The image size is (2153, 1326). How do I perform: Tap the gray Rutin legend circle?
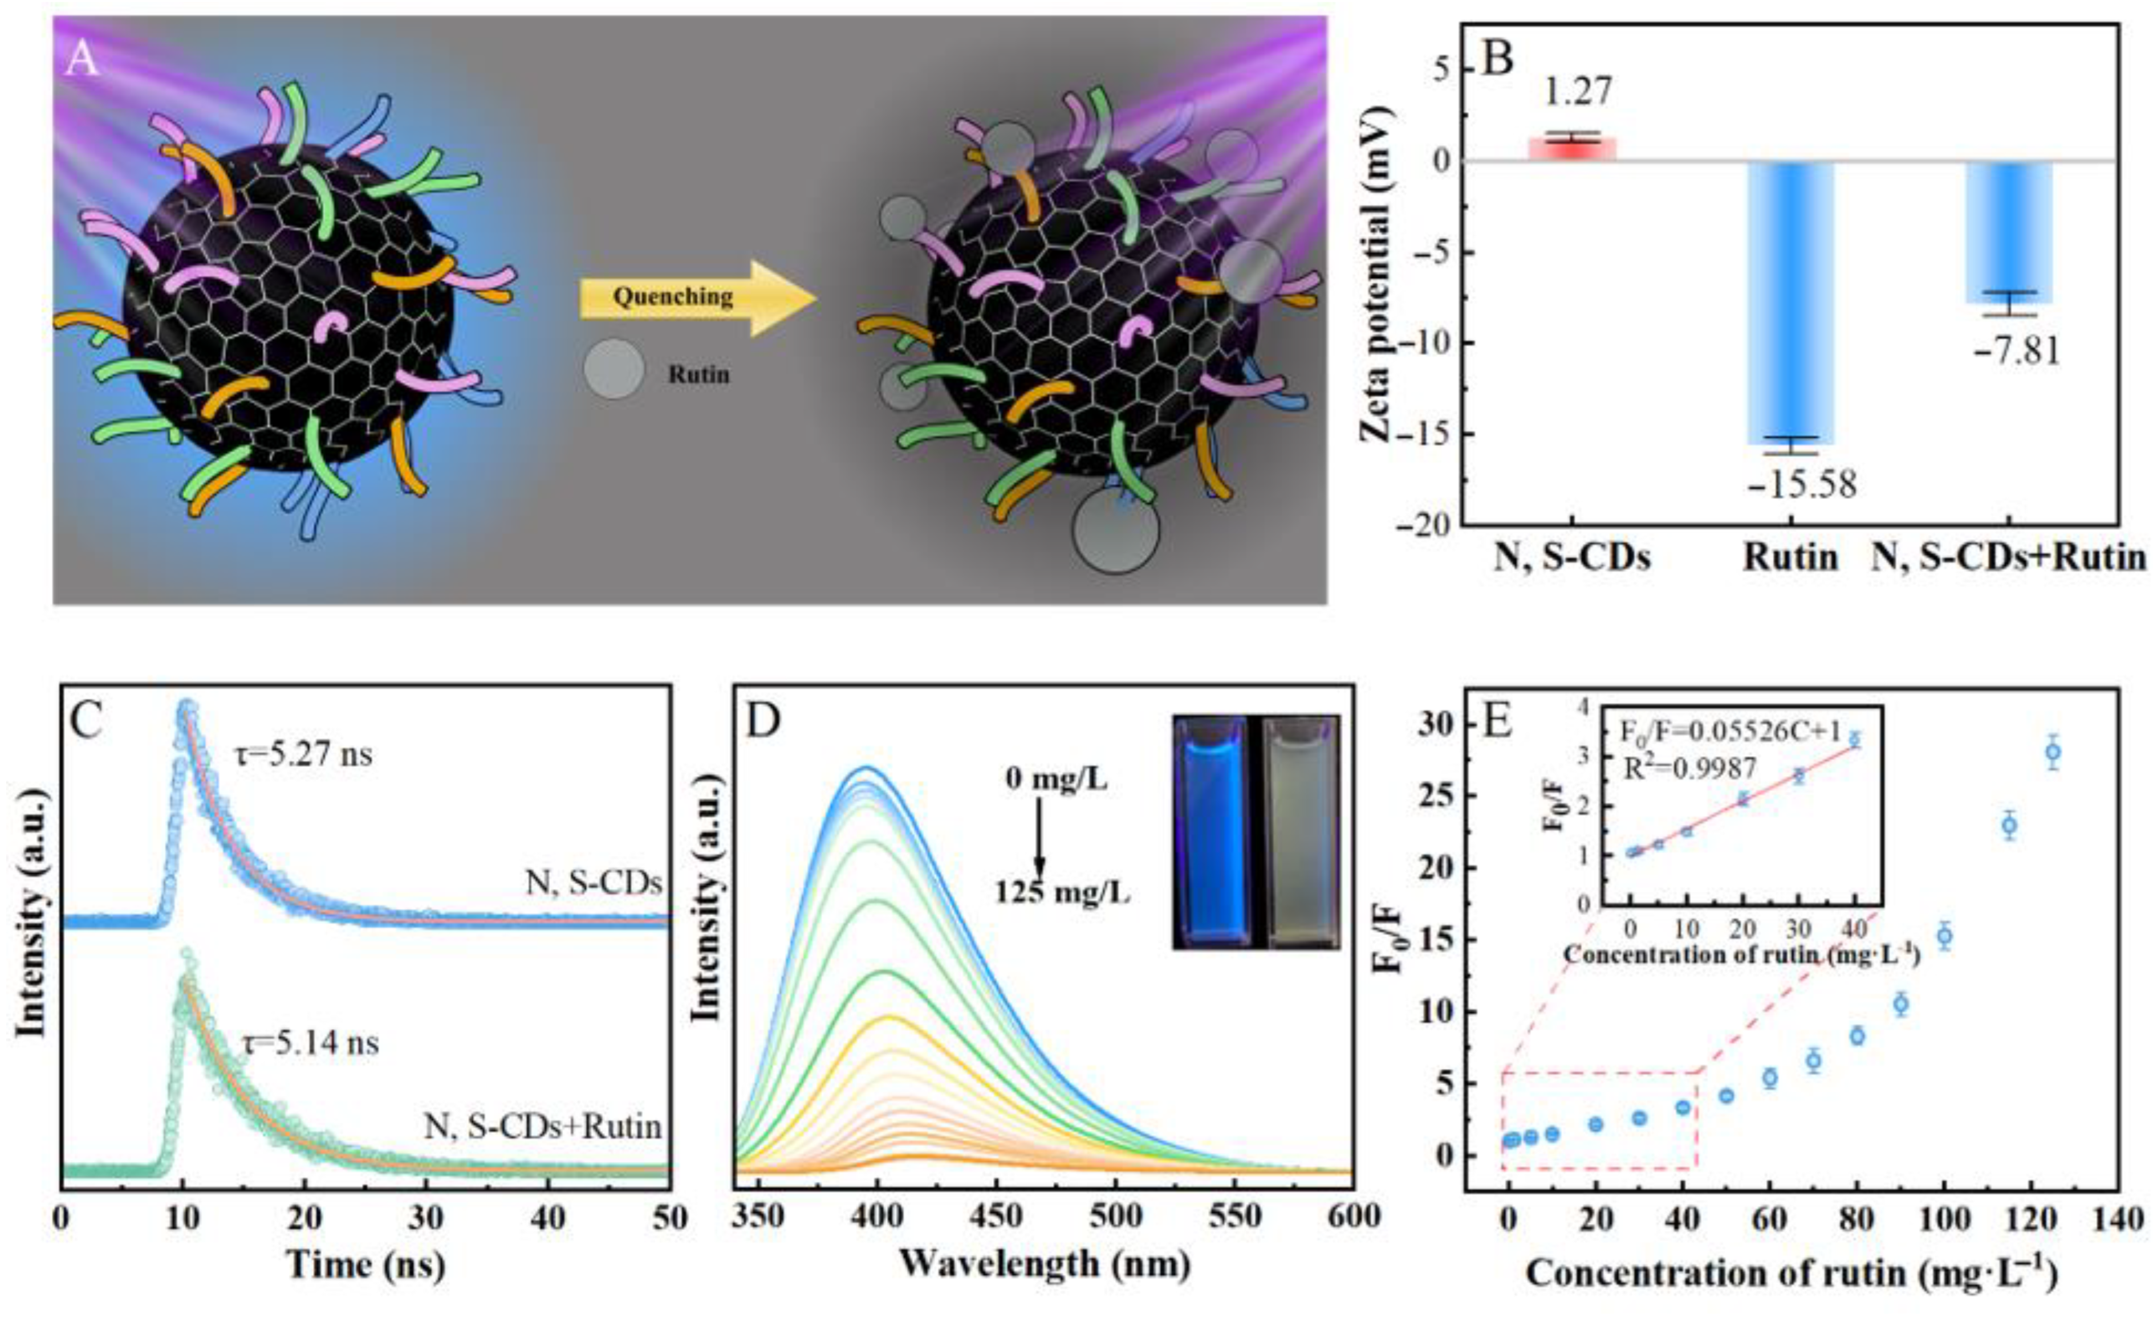(x=614, y=369)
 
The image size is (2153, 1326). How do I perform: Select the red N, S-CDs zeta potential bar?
(x=1571, y=149)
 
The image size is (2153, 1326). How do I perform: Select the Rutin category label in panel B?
(x=1790, y=558)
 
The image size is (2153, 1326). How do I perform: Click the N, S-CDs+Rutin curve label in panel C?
(x=543, y=1126)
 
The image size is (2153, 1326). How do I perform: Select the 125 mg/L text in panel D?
(x=1062, y=893)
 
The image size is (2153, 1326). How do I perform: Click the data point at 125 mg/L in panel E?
(x=2052, y=752)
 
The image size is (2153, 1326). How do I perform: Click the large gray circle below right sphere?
(x=1115, y=530)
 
